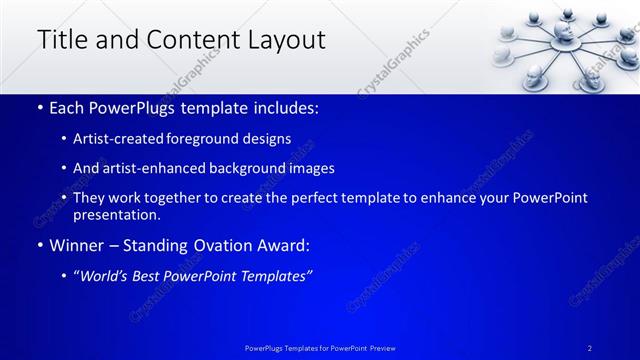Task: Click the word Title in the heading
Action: [x=62, y=40]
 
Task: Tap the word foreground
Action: [x=216, y=139]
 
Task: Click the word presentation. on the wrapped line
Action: [x=117, y=215]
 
